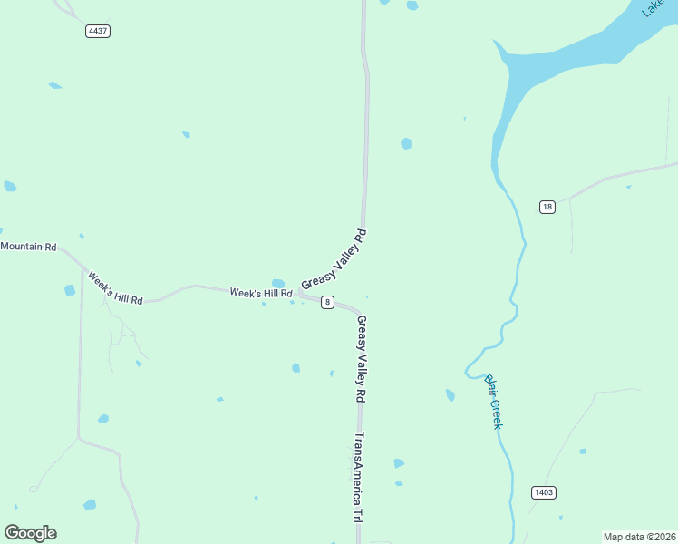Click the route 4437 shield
point(98,31)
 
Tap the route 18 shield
point(547,207)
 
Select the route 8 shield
point(327,302)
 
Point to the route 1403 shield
point(544,492)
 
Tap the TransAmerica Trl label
point(358,477)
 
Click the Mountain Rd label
point(28,247)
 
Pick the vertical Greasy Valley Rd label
point(361,359)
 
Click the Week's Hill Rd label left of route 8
point(261,293)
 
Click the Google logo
point(30,533)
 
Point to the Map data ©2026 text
point(638,537)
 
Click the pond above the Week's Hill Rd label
point(277,283)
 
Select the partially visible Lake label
point(653,8)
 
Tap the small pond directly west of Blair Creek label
point(450,395)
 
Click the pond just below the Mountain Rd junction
point(70,290)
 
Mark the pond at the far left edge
point(10,186)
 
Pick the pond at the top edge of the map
point(412,5)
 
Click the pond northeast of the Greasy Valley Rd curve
point(406,143)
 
